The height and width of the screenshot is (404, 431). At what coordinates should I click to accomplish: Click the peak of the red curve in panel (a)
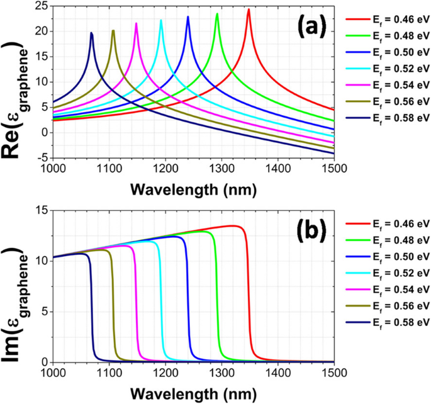(x=249, y=9)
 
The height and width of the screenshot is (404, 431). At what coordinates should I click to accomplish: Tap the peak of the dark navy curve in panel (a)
(x=91, y=33)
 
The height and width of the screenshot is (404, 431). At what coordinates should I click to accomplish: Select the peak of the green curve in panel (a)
(x=217, y=14)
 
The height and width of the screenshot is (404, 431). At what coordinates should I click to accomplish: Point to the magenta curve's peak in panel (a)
(x=136, y=23)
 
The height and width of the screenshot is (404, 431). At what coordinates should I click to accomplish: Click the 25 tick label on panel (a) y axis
(x=42, y=6)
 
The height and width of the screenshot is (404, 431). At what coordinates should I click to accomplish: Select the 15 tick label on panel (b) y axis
(x=42, y=211)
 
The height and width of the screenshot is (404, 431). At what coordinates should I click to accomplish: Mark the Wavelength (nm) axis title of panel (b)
(x=193, y=393)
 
